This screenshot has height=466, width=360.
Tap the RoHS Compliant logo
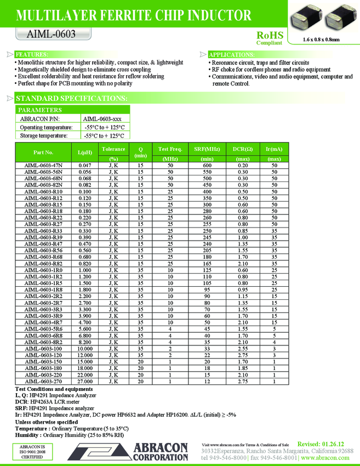point(269,37)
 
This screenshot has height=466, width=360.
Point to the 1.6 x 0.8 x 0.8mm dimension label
point(321,40)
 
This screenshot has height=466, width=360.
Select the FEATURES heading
point(31,55)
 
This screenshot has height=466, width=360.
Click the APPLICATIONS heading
point(231,55)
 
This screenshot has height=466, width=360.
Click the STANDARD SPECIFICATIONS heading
point(71,98)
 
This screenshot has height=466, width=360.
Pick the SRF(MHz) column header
point(207,149)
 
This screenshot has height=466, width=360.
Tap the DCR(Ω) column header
point(243,149)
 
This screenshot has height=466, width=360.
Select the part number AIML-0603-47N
point(43,165)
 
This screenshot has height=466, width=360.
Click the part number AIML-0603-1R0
point(43,270)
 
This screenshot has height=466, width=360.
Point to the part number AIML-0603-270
point(43,381)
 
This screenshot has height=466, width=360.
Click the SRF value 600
point(207,165)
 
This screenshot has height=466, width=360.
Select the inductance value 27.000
point(85,381)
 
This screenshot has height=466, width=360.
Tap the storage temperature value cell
point(104,135)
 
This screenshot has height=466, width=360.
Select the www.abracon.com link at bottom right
point(325,458)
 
